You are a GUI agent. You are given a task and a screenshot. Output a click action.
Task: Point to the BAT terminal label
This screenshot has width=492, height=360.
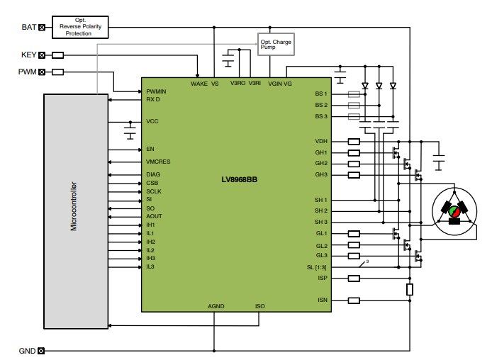pos(28,28)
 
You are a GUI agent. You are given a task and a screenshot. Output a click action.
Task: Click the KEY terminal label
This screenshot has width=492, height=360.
pos(28,55)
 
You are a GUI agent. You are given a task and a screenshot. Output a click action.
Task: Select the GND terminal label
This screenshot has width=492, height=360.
pos(27,351)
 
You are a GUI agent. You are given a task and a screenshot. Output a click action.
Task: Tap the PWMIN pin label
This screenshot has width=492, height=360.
pos(157,91)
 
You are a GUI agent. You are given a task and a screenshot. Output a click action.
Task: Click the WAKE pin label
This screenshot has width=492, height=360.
pos(199,83)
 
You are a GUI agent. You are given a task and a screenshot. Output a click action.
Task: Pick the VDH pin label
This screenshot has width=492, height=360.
pos(321,141)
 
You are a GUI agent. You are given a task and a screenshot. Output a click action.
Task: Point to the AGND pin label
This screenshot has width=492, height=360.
pos(216,307)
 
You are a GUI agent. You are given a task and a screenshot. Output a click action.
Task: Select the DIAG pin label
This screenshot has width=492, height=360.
pos(153,174)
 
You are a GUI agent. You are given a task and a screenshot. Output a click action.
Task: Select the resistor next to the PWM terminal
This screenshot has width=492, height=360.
pos(58,72)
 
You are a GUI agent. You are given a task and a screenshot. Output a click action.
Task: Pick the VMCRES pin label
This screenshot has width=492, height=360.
pos(158,162)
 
